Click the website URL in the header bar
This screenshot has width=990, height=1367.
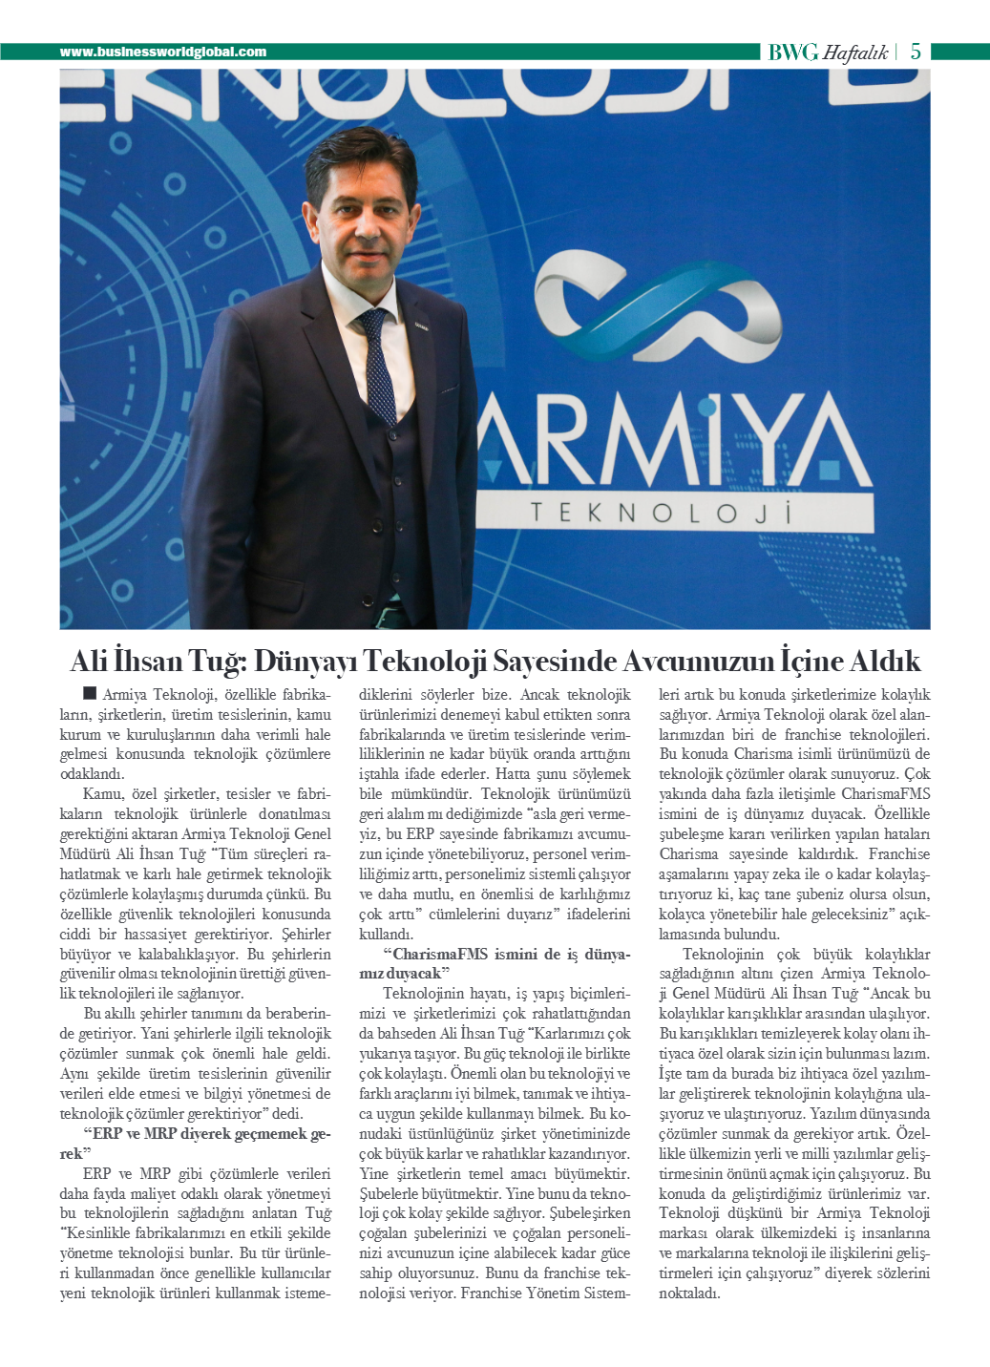(x=163, y=52)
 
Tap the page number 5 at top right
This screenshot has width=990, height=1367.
(x=916, y=52)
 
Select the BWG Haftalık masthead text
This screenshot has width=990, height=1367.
(x=828, y=53)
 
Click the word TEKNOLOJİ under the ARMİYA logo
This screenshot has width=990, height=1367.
(x=662, y=513)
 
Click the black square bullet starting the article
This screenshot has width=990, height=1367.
(x=90, y=693)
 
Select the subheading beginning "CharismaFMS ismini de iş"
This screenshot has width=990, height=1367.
(x=495, y=964)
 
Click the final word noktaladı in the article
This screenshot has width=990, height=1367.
(x=689, y=1293)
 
